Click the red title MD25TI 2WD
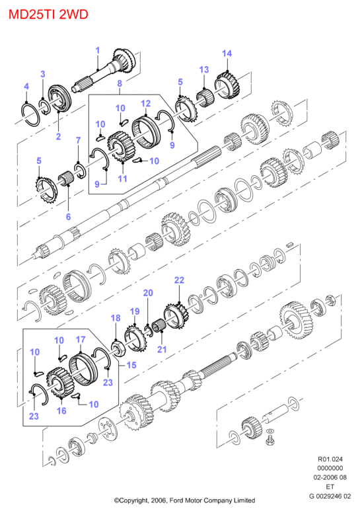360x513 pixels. (x=48, y=15)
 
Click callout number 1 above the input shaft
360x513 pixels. (x=98, y=51)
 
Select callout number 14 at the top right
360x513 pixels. (x=227, y=54)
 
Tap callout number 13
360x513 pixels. (x=203, y=69)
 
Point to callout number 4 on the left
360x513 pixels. (x=26, y=87)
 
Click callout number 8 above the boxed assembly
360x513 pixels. (x=120, y=83)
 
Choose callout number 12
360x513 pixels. (x=146, y=103)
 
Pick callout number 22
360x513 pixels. (x=179, y=280)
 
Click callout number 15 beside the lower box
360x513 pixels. (x=131, y=365)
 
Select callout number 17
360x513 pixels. (x=81, y=340)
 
